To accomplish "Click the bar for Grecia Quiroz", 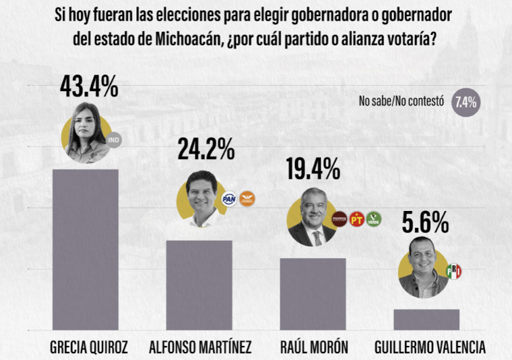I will pyautogui.click(x=86, y=249).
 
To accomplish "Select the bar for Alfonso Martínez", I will pyautogui.click(x=199, y=284).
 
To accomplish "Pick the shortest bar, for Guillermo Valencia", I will pyautogui.click(x=426, y=319).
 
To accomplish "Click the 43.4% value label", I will pyautogui.click(x=89, y=86).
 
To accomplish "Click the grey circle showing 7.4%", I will pyautogui.click(x=466, y=102).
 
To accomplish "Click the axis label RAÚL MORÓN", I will pyautogui.click(x=314, y=348).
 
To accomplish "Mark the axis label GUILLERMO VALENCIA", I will pyautogui.click(x=429, y=348).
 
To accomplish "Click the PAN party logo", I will pyautogui.click(x=229, y=199).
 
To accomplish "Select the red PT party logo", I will pyautogui.click(x=357, y=219).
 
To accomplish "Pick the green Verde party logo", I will pyautogui.click(x=373, y=219).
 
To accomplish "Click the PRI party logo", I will pyautogui.click(x=454, y=271).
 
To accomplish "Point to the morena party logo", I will pyautogui.click(x=341, y=219).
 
